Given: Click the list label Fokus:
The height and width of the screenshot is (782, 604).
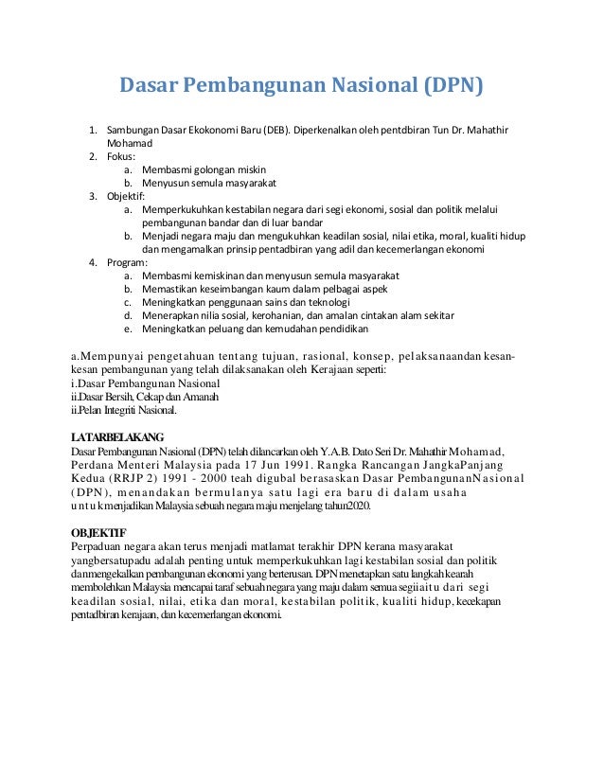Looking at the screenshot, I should tap(120, 156).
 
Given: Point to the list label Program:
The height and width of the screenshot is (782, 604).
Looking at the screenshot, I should tap(126, 262).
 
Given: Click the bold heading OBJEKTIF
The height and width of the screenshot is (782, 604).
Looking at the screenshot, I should tap(99, 530).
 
